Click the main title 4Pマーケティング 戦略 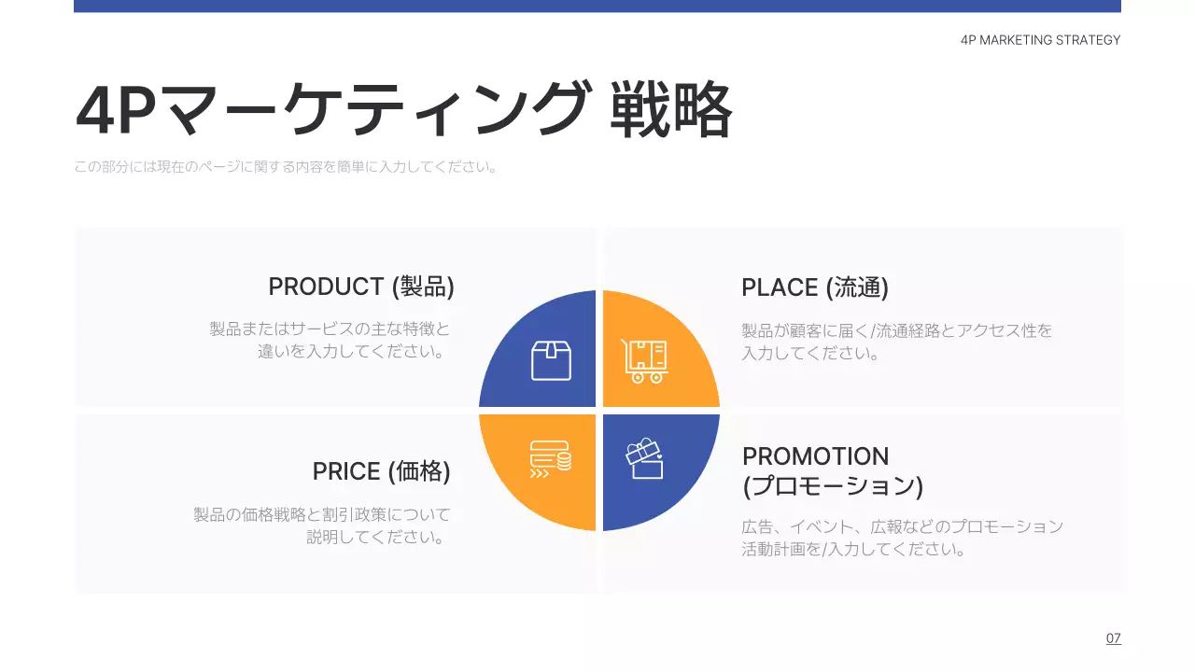403,110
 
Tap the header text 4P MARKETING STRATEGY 1040,40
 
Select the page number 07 1113,638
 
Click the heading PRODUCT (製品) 361,287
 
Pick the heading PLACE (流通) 814,287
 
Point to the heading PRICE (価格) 381,471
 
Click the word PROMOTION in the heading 815,456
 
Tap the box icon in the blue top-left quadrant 551,360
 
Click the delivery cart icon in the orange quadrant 645,360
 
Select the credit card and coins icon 550,458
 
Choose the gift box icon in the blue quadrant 644,458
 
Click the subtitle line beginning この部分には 286,168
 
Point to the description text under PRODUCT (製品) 330,341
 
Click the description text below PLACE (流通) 896,342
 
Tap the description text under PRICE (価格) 321,525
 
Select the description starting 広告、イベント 902,538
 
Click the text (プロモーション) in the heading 832,486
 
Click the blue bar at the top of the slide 597,6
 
